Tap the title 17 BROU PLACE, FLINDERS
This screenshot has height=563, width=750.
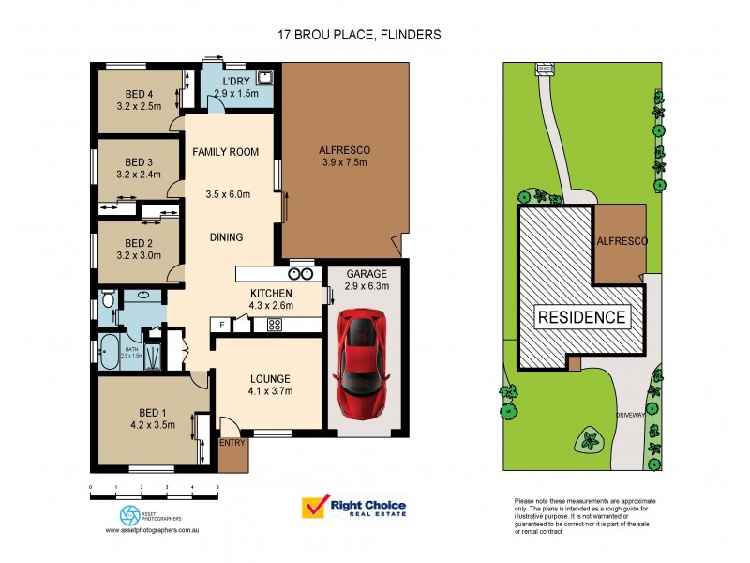point(359,35)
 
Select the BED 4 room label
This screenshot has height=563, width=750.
point(139,93)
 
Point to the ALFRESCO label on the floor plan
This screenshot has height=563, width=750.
point(345,150)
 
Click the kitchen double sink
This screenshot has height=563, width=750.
point(301,274)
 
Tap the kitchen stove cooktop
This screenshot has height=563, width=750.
point(276,326)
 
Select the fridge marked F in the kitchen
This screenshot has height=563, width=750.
point(222,325)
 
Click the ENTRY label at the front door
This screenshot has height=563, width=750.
point(231,443)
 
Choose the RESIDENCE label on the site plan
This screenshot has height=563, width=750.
point(581,317)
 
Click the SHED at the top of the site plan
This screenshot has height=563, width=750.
point(544,68)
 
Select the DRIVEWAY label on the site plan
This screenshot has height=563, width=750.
point(629,413)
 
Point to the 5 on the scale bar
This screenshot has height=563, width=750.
point(217,488)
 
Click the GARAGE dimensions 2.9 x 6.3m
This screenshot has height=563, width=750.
point(367,286)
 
